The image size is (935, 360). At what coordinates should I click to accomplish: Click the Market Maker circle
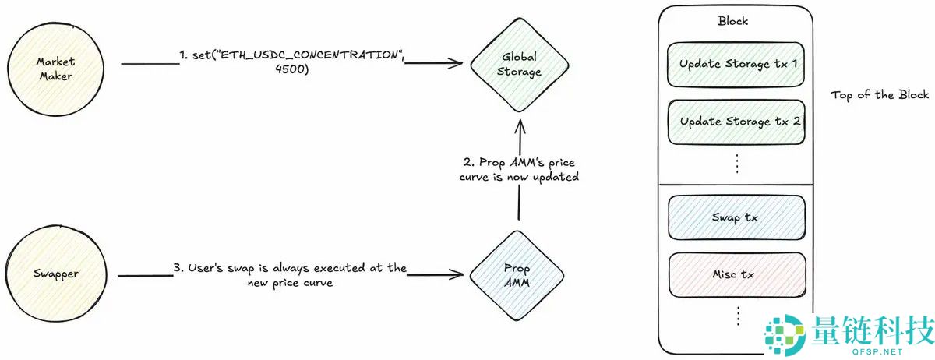click(x=54, y=68)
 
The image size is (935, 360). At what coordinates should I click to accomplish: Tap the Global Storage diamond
click(x=520, y=65)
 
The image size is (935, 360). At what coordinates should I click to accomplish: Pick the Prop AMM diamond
click(x=517, y=275)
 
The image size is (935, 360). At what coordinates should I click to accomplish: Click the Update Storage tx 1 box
click(x=736, y=63)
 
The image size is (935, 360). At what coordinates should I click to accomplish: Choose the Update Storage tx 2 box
click(x=736, y=122)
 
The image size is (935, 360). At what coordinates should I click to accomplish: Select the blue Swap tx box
click(x=736, y=217)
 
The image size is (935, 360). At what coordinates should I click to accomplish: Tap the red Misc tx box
click(x=736, y=274)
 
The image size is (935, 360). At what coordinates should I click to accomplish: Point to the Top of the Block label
click(x=880, y=95)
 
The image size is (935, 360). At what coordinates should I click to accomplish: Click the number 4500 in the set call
click(x=292, y=69)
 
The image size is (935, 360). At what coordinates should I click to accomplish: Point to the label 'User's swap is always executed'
click(x=290, y=268)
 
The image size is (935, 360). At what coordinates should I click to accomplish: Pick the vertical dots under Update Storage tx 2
click(x=736, y=163)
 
